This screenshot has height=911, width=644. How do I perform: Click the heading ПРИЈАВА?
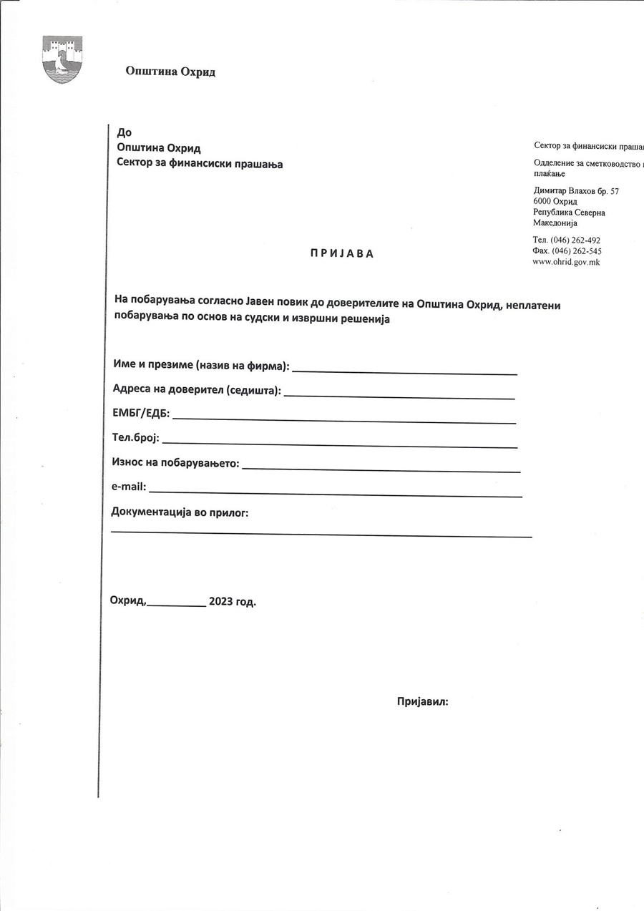tap(342, 253)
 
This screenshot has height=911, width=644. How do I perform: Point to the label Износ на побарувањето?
tap(175, 463)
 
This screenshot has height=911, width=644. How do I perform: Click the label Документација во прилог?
tap(180, 512)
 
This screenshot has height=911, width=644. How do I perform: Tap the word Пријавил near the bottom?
tap(422, 701)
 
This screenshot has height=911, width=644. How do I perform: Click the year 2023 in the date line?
tap(220, 602)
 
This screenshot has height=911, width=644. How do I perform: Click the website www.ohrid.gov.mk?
tap(567, 262)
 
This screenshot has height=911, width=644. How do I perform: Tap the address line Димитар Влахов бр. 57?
tap(576, 191)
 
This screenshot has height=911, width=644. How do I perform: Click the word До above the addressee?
tap(124, 132)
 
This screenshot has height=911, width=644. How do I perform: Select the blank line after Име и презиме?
tap(404, 372)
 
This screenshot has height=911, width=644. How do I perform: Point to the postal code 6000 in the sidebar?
tap(544, 202)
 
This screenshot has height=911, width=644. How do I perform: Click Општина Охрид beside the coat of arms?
tap(170, 71)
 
